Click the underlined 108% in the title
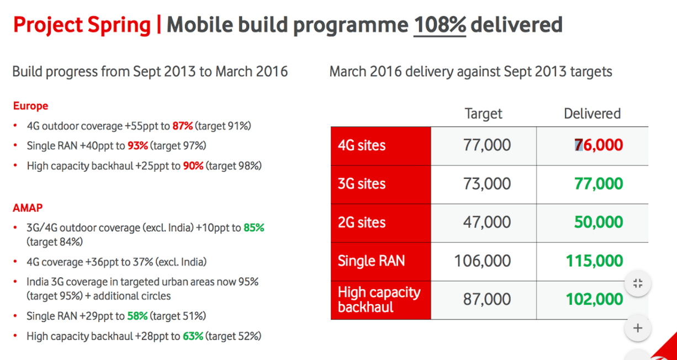tap(440, 25)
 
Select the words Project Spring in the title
tap(82, 25)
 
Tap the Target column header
tap(483, 114)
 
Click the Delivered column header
tap(592, 114)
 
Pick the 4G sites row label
tap(362, 146)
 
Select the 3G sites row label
tap(362, 184)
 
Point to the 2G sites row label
tap(362, 223)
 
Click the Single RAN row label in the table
tap(371, 261)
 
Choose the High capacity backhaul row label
tap(379, 299)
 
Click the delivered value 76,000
tap(599, 146)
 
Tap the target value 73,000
tap(487, 184)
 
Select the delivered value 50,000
tap(599, 223)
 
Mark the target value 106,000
tap(482, 261)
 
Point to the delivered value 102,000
tap(594, 299)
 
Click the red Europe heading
tap(30, 106)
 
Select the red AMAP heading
tap(28, 208)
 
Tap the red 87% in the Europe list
tap(182, 126)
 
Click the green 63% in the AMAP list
tap(193, 336)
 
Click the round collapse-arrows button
tap(638, 284)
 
